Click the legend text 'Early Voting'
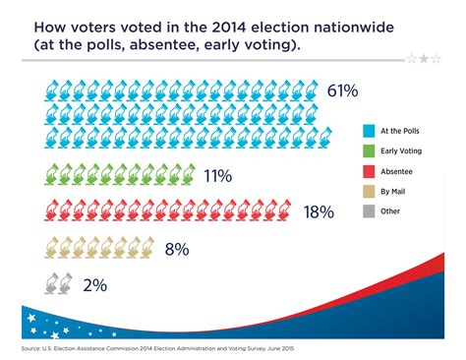(x=400, y=150)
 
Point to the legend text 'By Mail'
(x=392, y=190)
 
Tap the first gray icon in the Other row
(x=49, y=284)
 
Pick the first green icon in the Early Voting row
(x=49, y=176)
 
